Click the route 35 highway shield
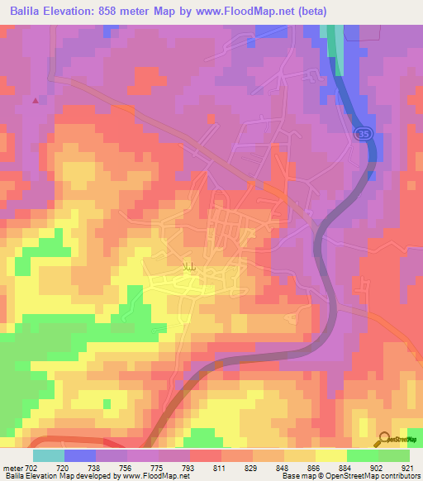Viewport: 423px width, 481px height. point(361,132)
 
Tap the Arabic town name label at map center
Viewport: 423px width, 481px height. point(189,266)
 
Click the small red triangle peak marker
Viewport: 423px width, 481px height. point(35,101)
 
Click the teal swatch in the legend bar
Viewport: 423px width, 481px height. point(49,455)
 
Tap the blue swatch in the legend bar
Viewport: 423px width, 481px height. point(80,455)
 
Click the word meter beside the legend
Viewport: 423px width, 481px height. point(12,468)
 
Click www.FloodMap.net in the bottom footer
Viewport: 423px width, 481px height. point(155,477)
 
